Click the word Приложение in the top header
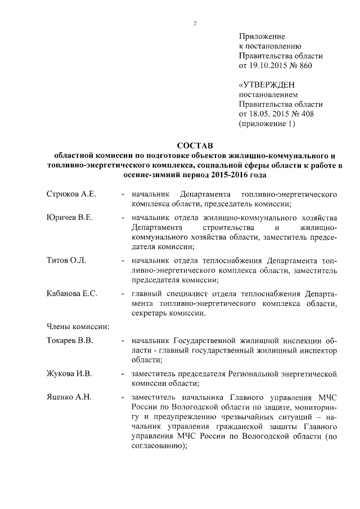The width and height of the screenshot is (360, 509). [x=263, y=37]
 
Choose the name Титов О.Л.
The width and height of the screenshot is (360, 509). [x=66, y=261]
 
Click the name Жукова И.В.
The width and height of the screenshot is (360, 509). [x=69, y=374]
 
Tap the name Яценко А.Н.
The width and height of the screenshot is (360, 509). [x=69, y=398]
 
